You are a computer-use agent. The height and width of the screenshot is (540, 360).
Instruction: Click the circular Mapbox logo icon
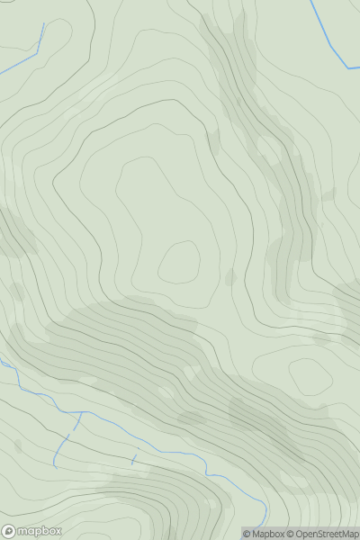[10, 531]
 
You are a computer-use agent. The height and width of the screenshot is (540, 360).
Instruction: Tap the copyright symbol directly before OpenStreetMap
[291, 534]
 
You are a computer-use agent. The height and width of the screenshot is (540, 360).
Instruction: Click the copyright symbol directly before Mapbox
[247, 534]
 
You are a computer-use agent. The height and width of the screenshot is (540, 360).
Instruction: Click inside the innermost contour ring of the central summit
[179, 262]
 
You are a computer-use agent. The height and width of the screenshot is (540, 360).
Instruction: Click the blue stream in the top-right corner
[328, 36]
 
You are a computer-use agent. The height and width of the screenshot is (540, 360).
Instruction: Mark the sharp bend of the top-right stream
[346, 67]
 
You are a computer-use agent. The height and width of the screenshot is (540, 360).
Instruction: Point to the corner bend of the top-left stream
[37, 53]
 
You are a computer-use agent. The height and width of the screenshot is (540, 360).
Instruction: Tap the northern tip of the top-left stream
[43, 24]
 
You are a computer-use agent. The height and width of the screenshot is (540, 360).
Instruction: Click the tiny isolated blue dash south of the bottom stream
[134, 460]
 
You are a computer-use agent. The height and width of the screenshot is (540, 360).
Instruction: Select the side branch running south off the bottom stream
[65, 443]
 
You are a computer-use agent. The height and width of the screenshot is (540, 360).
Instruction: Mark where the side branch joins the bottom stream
[78, 414]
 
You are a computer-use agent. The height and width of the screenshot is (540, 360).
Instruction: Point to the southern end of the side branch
[55, 466]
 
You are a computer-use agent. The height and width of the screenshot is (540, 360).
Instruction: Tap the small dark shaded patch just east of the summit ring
[229, 275]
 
